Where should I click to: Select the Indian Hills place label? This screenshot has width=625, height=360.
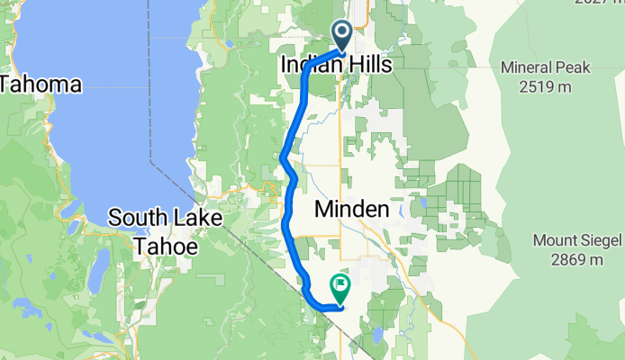click(x=331, y=66)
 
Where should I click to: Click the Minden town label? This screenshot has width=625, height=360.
click(x=352, y=210)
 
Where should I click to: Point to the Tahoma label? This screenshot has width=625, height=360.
click(x=41, y=85)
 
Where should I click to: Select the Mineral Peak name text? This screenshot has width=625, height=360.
click(x=546, y=67)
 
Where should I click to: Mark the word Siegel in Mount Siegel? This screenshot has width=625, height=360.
click(x=600, y=240)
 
